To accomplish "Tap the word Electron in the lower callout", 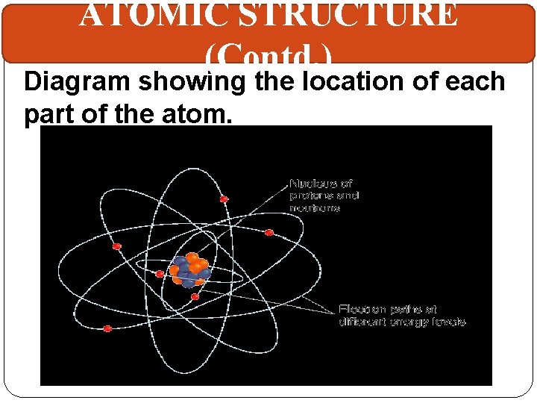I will point(362,309).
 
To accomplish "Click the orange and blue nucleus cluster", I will point(189,271).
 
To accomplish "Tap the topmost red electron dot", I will point(224,199).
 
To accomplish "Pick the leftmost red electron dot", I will point(107,328).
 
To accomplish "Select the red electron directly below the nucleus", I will point(195,297).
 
